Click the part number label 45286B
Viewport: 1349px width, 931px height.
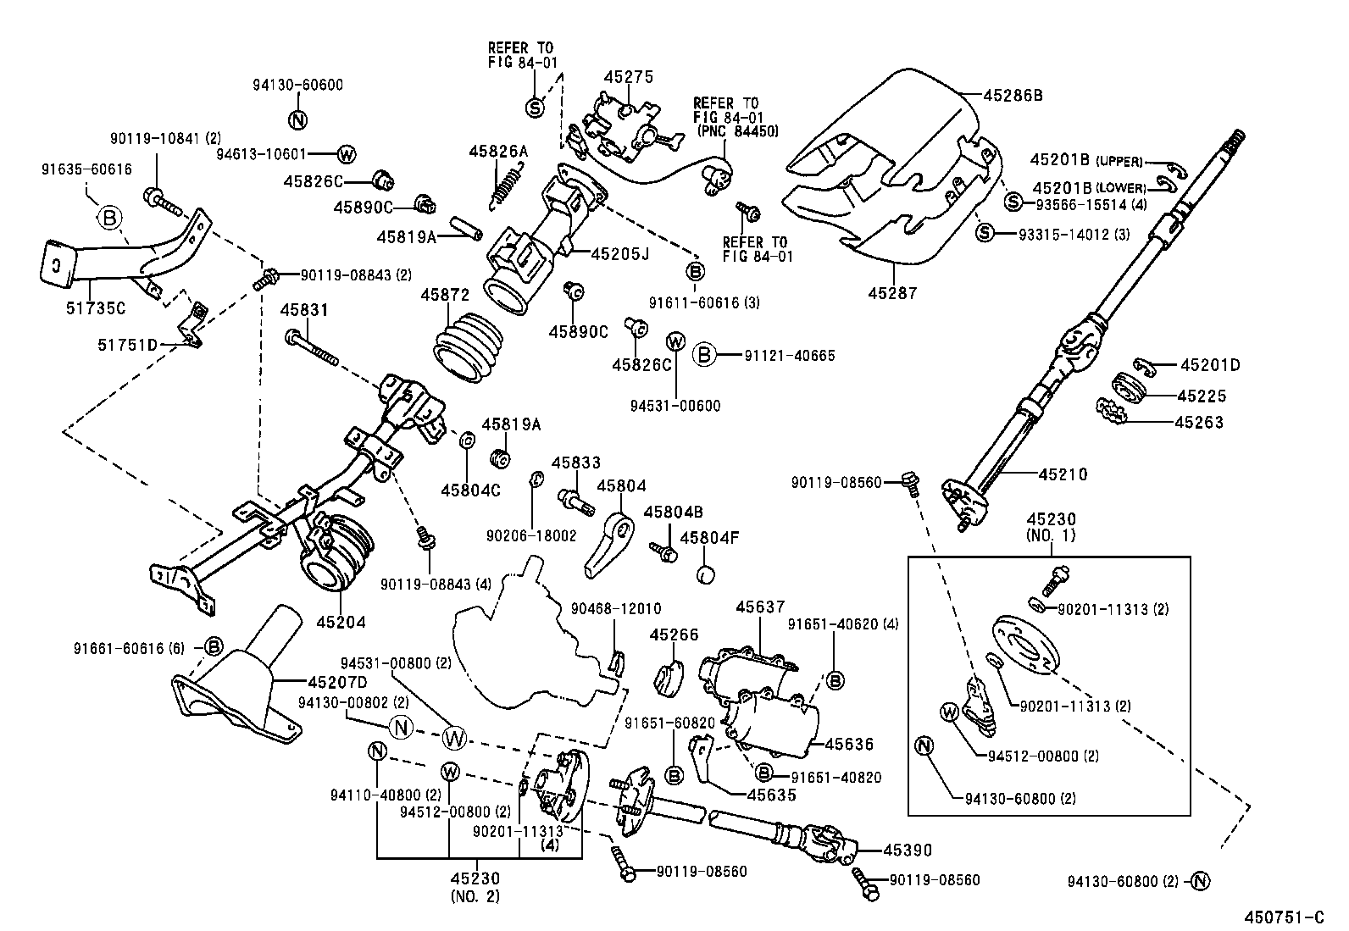1013,96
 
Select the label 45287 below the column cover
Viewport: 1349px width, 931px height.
892,293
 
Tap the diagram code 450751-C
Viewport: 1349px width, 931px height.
1283,917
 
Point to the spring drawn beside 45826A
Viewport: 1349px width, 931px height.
507,186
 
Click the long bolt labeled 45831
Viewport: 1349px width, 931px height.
314,349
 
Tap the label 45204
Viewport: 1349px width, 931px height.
341,623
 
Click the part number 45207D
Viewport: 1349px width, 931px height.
336,682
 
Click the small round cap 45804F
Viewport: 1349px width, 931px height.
705,574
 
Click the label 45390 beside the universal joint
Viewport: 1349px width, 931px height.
908,850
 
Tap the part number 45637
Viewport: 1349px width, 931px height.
760,607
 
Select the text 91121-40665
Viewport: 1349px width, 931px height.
790,355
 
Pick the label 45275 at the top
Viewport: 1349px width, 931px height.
628,77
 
